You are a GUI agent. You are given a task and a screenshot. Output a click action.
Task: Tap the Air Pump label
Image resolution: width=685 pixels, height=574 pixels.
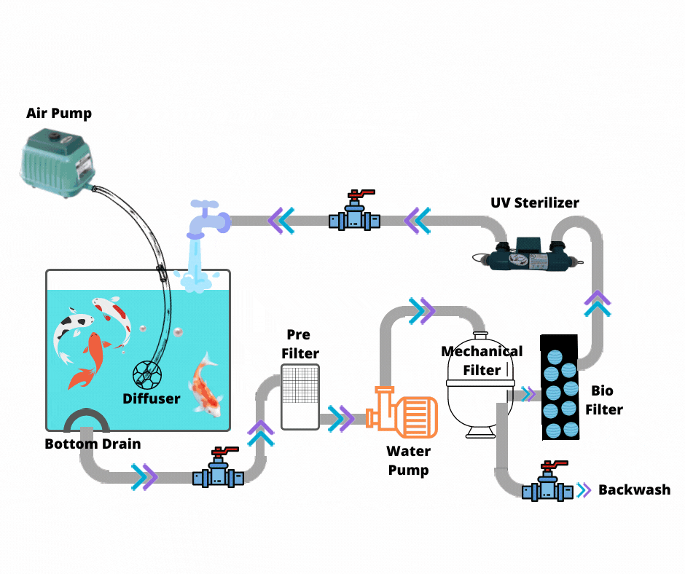[x=59, y=113]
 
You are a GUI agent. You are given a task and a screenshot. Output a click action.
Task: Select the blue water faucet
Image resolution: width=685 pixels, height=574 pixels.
[x=205, y=219]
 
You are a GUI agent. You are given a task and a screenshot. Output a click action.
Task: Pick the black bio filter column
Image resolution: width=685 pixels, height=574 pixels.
[x=560, y=388]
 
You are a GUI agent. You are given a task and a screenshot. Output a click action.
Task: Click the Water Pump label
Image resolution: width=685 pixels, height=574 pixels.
[x=408, y=460]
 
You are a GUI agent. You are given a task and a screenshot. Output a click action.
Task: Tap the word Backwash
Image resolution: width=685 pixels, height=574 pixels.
[x=634, y=490]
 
